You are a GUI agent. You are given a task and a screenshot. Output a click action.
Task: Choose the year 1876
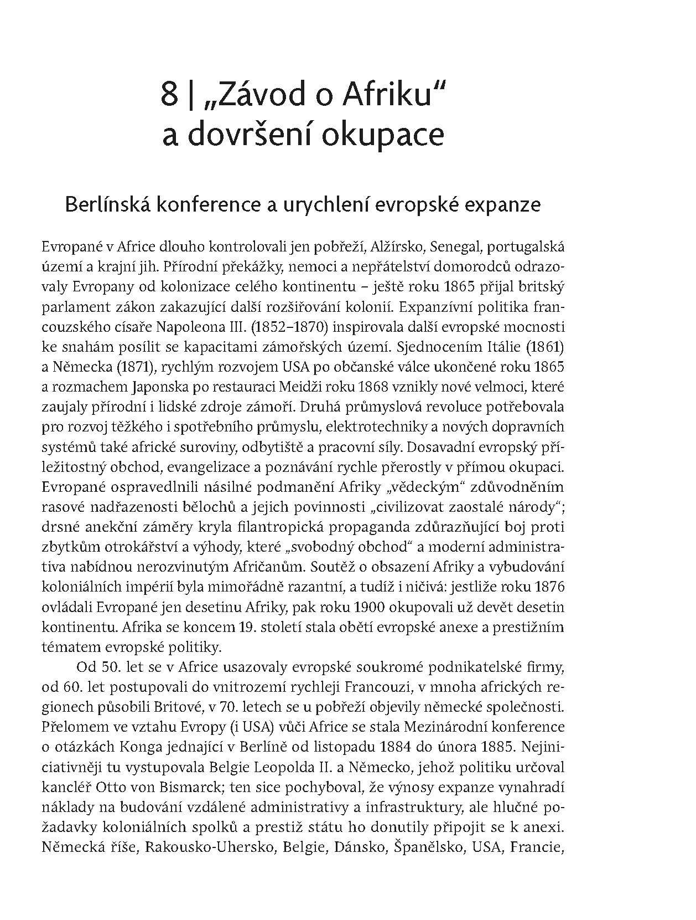coord(546,587)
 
